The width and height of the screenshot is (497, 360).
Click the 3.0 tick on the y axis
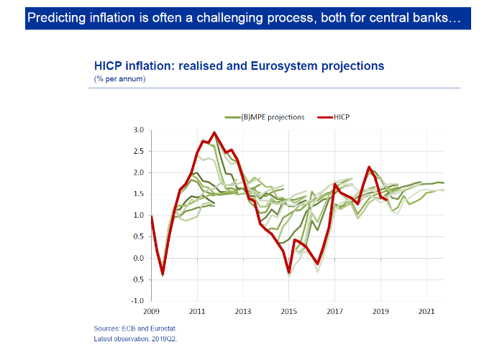(138, 130)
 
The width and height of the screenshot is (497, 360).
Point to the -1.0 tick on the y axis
(137, 301)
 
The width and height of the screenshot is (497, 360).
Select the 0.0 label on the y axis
(138, 258)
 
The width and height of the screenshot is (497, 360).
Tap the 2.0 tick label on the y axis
(138, 172)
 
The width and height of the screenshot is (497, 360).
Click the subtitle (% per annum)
(119, 78)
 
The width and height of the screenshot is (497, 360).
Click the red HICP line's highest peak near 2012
(214, 133)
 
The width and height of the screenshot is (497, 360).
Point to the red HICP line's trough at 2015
(289, 272)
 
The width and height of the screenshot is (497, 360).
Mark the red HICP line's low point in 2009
(163, 273)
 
